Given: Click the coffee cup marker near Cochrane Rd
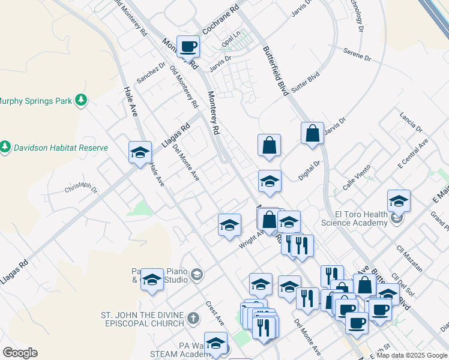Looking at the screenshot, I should pyautogui.click(x=188, y=46).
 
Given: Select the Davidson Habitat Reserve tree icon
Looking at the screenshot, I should pyautogui.click(x=5, y=147).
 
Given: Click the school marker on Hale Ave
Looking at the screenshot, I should pyautogui.click(x=140, y=152).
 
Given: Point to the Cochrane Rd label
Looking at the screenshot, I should pyautogui.click(x=220, y=19).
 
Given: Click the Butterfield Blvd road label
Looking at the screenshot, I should pyautogui.click(x=277, y=70).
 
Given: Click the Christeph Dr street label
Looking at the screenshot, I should pyautogui.click(x=80, y=189).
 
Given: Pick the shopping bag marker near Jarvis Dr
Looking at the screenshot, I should pyautogui.click(x=313, y=133).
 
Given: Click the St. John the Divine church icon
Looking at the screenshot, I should pyautogui.click(x=193, y=317).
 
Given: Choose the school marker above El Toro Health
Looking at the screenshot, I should pyautogui.click(x=399, y=201).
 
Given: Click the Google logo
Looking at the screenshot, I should pyautogui.click(x=20, y=353).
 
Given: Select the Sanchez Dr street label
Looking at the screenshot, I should pyautogui.click(x=150, y=73).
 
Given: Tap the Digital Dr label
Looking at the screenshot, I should pyautogui.click(x=310, y=171).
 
